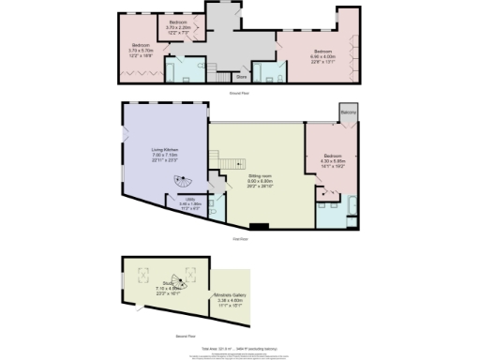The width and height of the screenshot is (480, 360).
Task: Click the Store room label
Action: [241, 77]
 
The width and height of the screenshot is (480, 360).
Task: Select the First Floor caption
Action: [239, 238]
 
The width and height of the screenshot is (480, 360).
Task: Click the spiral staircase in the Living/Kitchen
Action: [180, 183]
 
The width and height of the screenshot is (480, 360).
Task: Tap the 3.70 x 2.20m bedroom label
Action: [178, 25]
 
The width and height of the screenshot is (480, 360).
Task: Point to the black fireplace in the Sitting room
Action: [260, 226]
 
